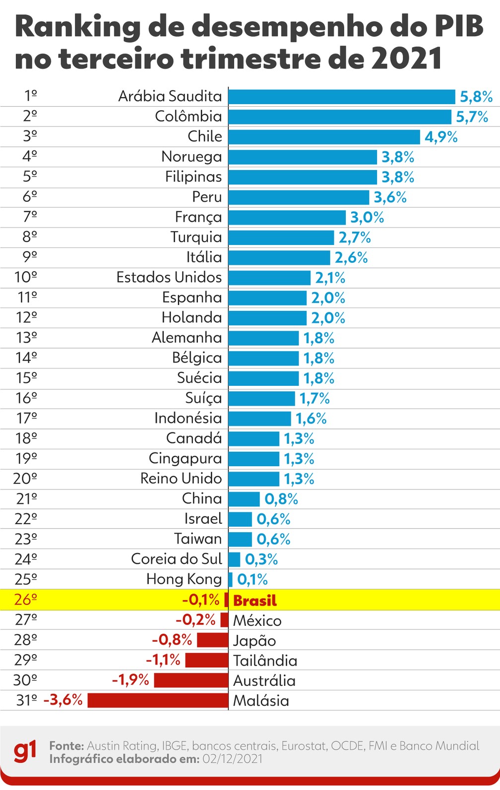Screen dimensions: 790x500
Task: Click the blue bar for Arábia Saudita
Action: pyautogui.click(x=342, y=97)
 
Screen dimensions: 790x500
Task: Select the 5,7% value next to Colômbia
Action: pyautogui.click(x=472, y=117)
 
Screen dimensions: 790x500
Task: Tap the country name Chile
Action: pyautogui.click(x=204, y=136)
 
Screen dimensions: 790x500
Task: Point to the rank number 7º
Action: pyautogui.click(x=30, y=217)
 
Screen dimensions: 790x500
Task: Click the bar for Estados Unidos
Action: pyautogui.click(x=269, y=278)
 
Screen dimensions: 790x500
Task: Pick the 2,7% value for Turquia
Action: pyautogui.click(x=355, y=238)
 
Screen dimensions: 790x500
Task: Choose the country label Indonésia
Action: pyautogui.click(x=188, y=418)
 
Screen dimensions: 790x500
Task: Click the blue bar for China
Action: pyautogui.click(x=244, y=499)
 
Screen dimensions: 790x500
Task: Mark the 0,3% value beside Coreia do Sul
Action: pyautogui.click(x=261, y=559)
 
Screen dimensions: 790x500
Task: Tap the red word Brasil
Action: pyautogui.click(x=255, y=601)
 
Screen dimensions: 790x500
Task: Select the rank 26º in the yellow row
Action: pyautogui.click(x=26, y=600)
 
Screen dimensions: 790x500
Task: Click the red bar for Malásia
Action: pyautogui.click(x=158, y=701)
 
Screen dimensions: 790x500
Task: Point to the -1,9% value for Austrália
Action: pyautogui.click(x=130, y=680)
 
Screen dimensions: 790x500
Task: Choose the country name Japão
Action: pyautogui.click(x=254, y=641)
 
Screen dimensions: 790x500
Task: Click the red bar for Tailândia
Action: pyautogui.click(x=206, y=660)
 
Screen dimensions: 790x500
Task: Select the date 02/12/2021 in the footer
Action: pyautogui.click(x=233, y=759)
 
